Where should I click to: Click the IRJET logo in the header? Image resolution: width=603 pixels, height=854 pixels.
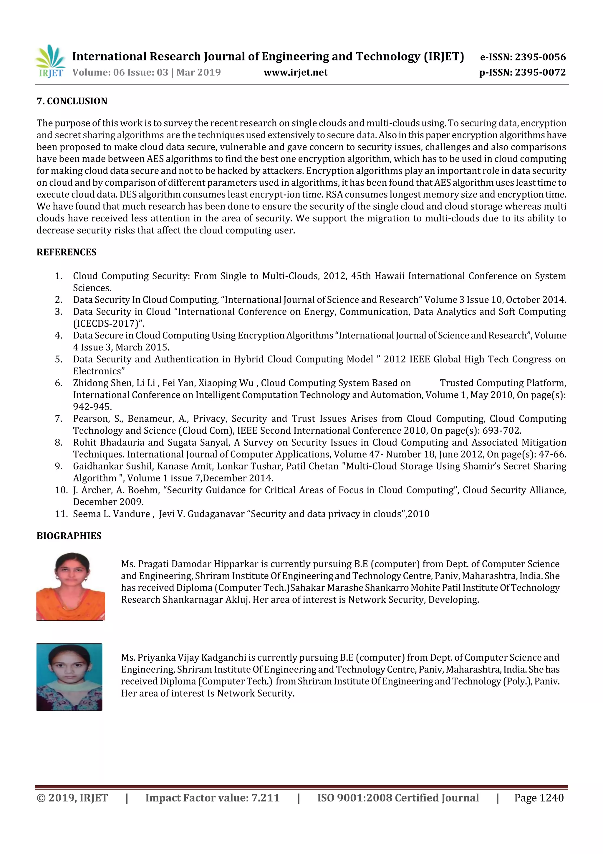[x=50, y=61]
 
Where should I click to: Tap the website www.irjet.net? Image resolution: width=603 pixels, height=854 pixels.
[x=295, y=72]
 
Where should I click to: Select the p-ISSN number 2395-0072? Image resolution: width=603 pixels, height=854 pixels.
[x=540, y=72]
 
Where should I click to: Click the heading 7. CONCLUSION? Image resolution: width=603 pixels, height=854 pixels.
[x=72, y=101]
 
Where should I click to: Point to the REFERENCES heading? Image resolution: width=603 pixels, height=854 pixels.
[x=66, y=252]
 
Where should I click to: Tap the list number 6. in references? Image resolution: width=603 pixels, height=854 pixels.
[x=59, y=383]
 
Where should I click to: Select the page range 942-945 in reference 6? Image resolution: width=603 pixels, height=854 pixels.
[x=92, y=407]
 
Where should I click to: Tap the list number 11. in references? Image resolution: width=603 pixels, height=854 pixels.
[x=61, y=514]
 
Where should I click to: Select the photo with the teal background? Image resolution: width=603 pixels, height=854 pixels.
[x=69, y=677]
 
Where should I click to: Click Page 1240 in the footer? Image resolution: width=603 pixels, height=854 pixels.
[x=539, y=798]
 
